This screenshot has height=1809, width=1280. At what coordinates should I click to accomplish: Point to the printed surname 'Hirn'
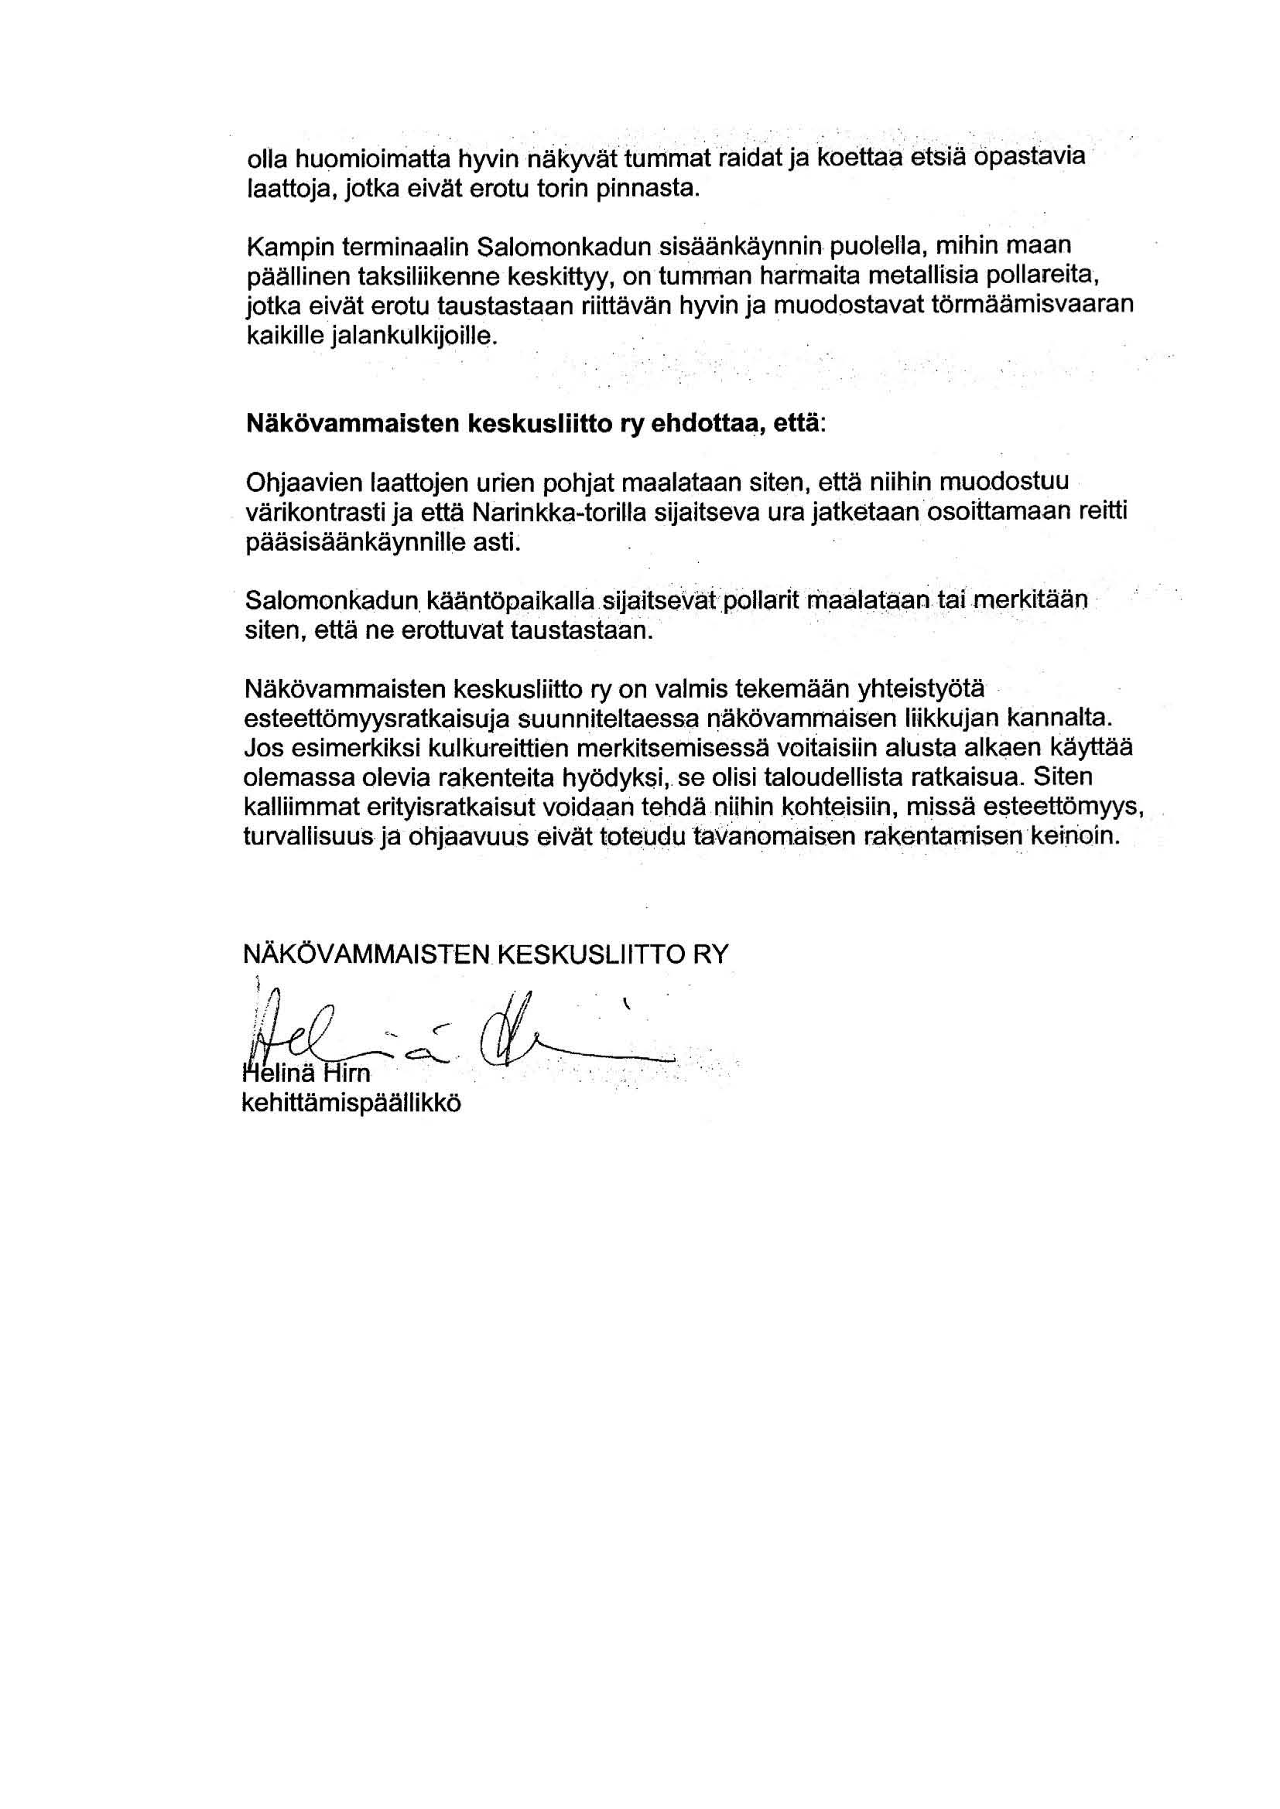344,1074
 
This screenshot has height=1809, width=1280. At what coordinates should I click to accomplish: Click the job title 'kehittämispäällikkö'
351,1103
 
